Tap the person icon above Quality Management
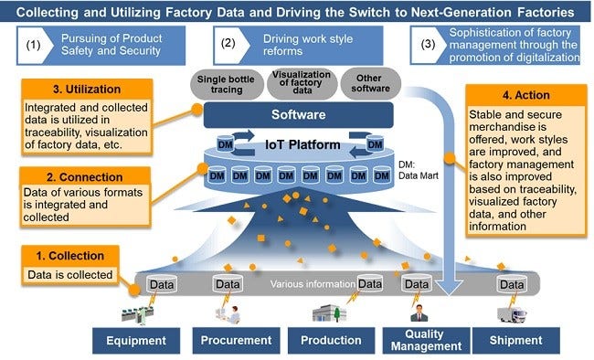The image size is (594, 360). coord(419,312)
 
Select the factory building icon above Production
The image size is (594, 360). coord(329,313)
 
